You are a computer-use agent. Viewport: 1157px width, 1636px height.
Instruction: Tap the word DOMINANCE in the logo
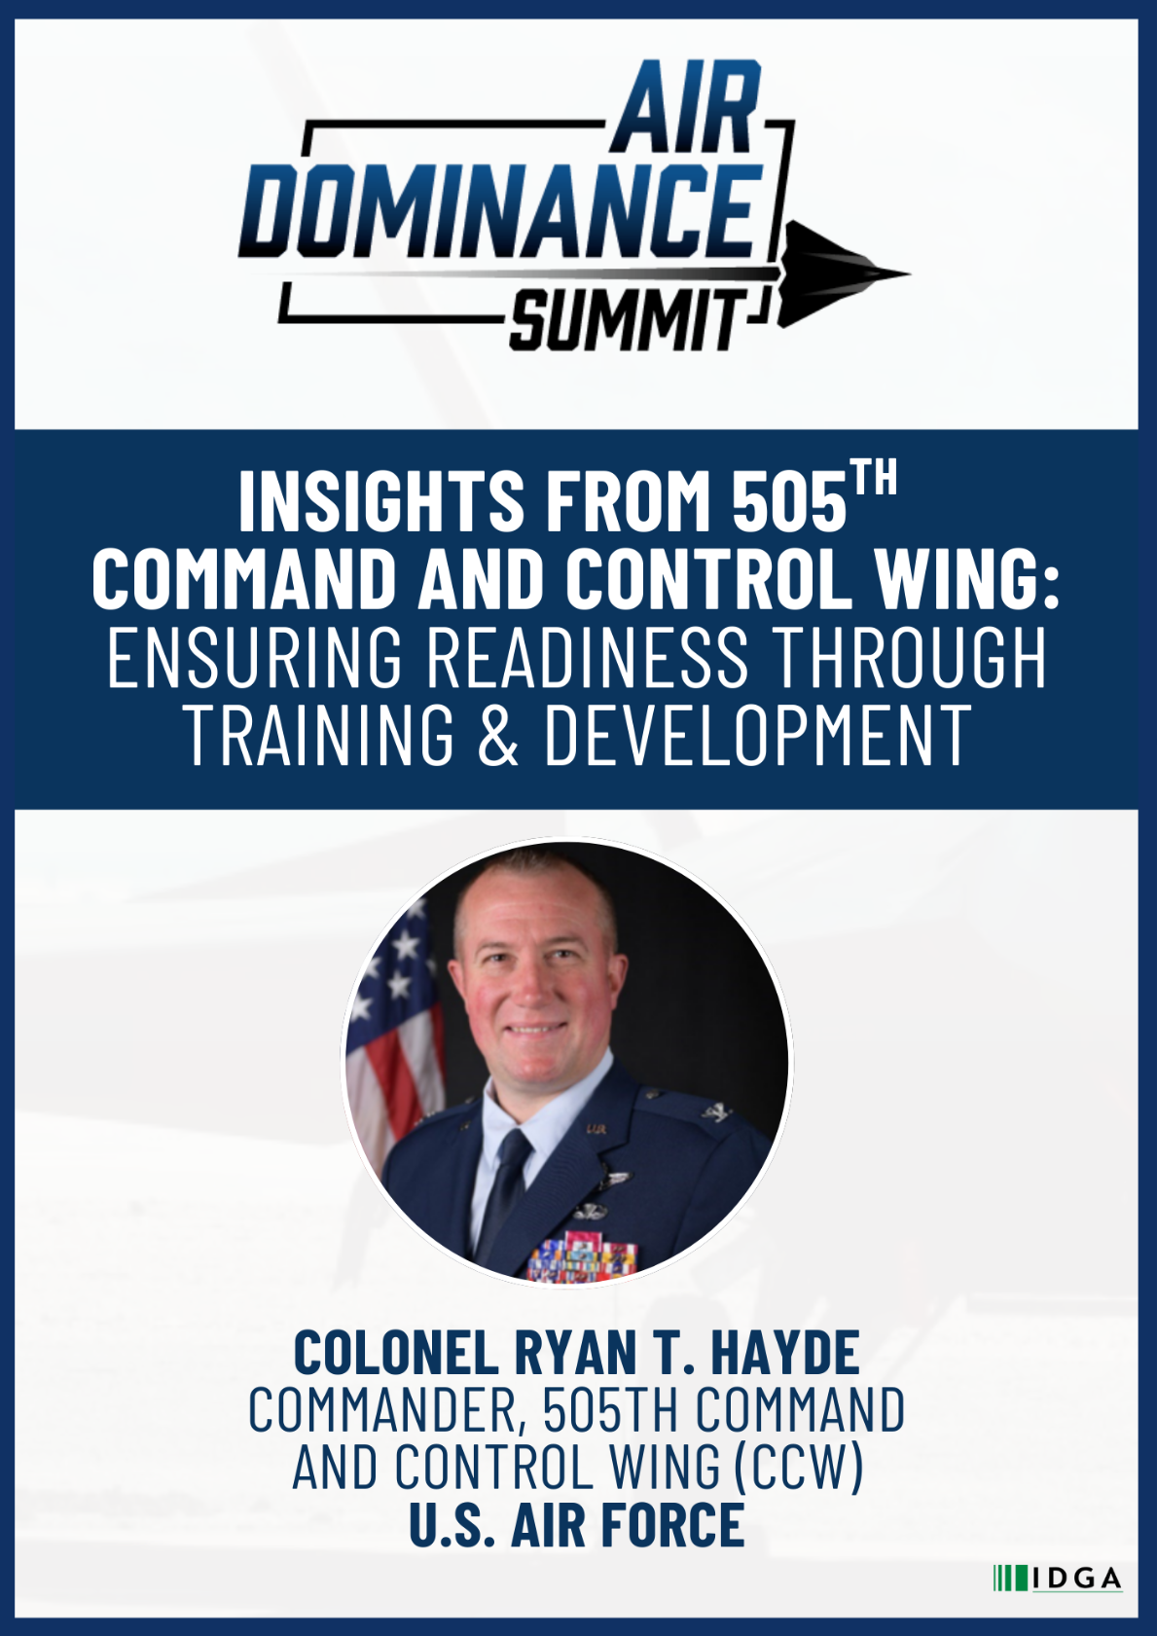pyautogui.click(x=501, y=209)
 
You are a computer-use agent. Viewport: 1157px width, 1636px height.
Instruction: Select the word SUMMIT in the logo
pyautogui.click(x=629, y=320)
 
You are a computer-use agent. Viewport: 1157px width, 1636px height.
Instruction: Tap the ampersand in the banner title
pyautogui.click(x=498, y=735)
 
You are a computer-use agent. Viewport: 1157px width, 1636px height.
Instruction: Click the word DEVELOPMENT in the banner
pyautogui.click(x=757, y=735)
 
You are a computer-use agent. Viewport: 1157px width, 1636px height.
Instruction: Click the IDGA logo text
pyautogui.click(x=1076, y=1579)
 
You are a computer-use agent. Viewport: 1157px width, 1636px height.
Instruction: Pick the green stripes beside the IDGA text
pyautogui.click(x=1010, y=1579)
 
